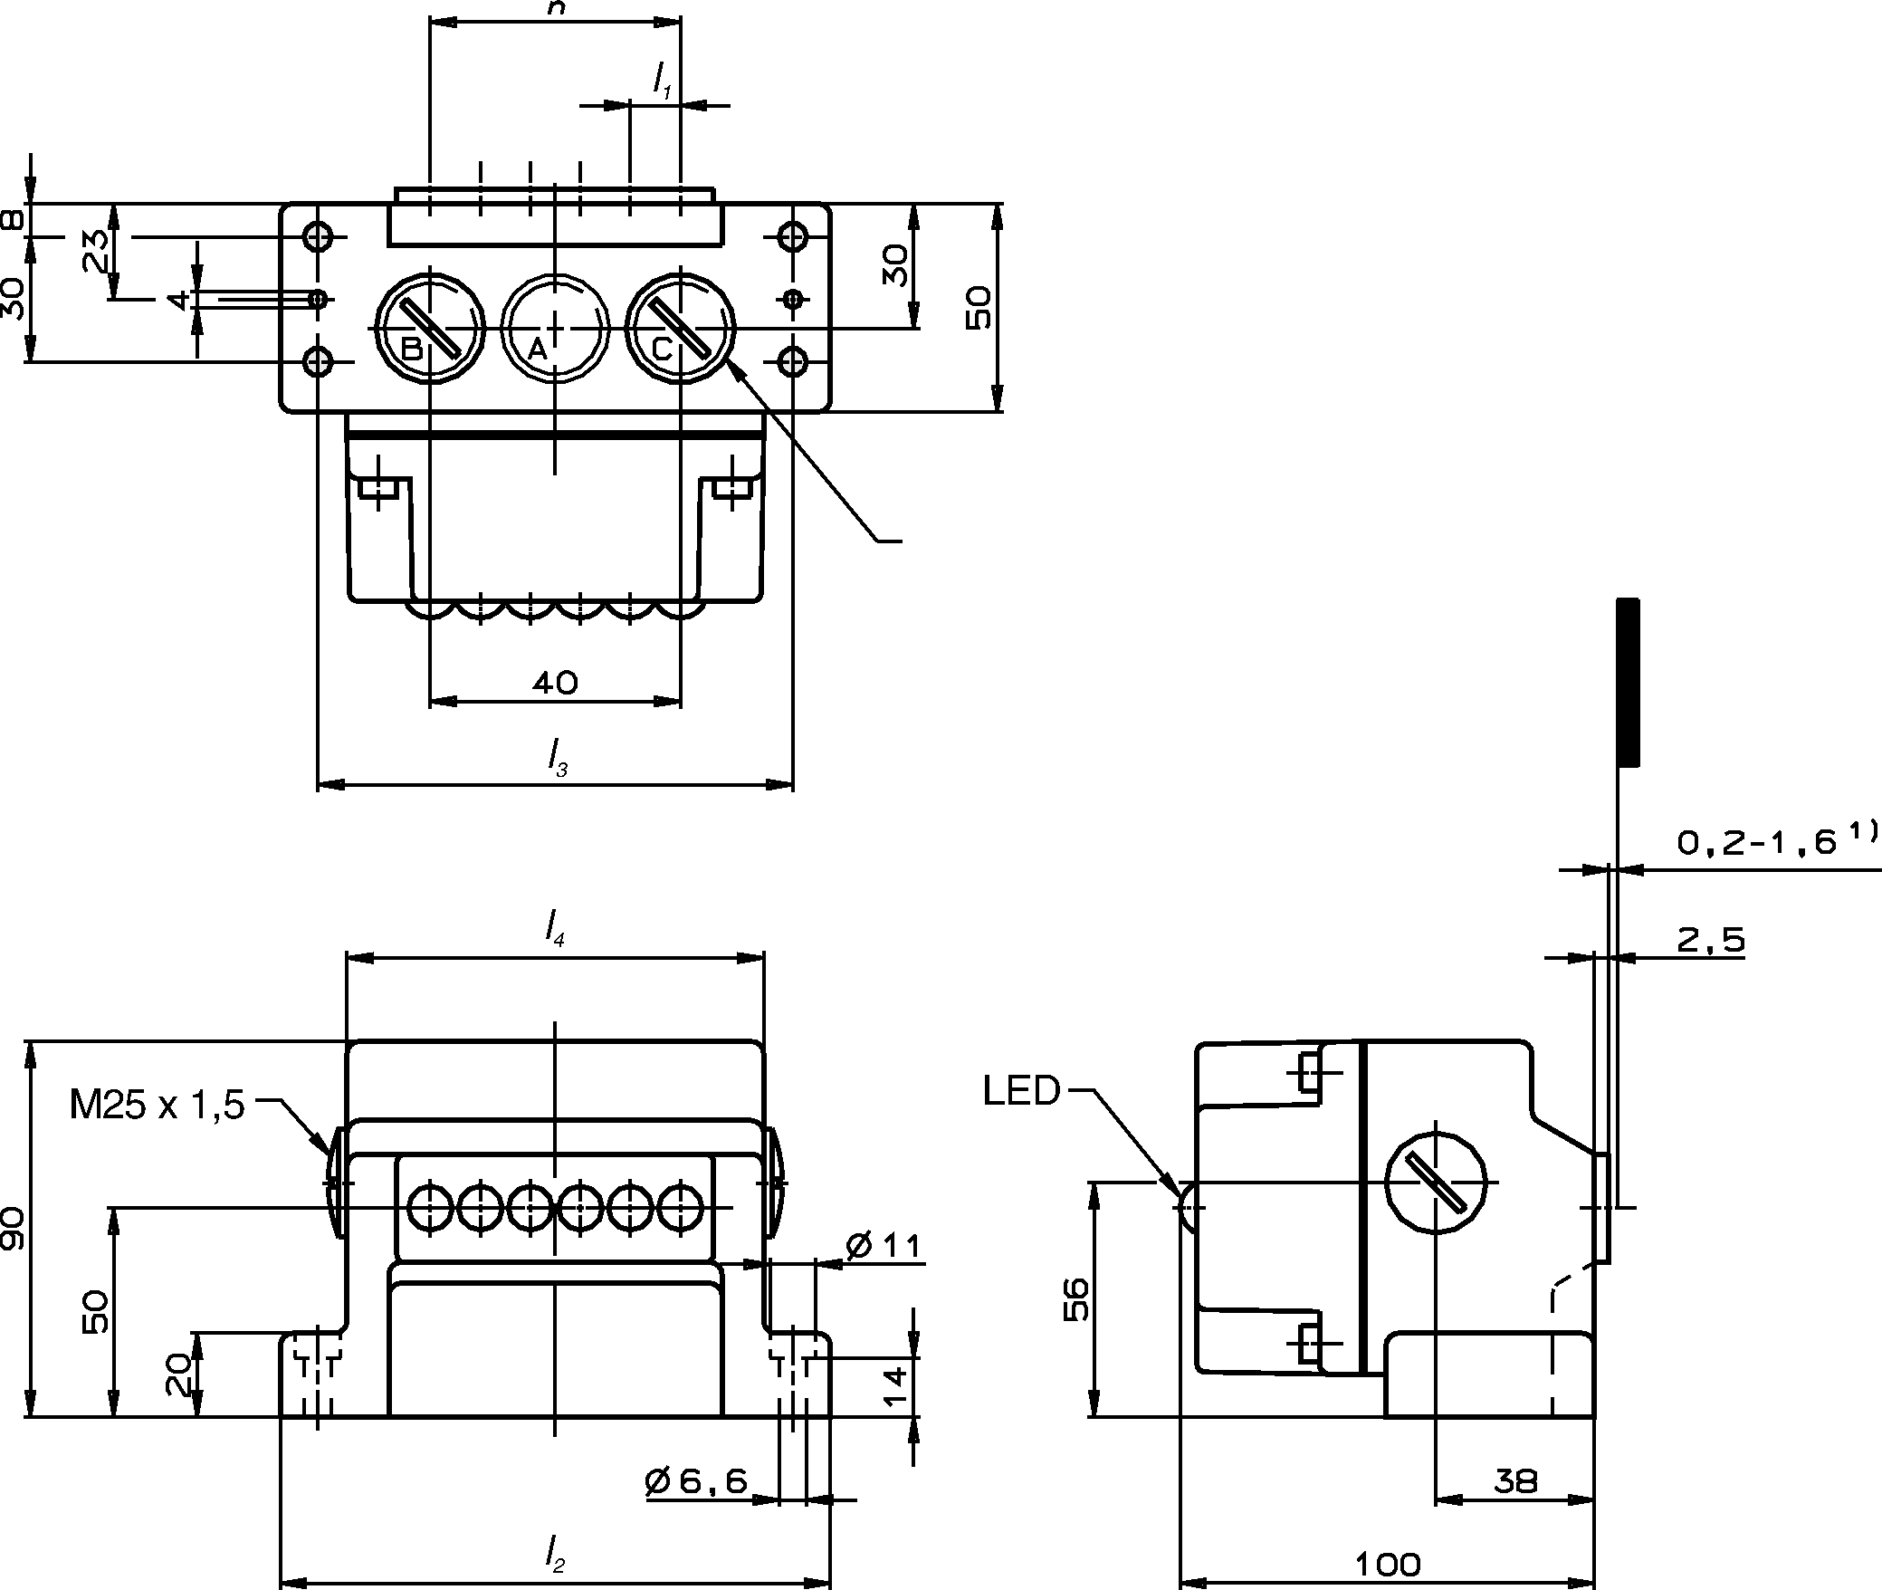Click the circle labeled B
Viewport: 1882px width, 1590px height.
click(430, 329)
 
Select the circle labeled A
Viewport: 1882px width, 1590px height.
click(555, 329)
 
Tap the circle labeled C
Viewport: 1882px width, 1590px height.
click(681, 329)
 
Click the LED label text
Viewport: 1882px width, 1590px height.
click(1021, 1092)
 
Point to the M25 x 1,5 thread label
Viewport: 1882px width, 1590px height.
click(158, 1106)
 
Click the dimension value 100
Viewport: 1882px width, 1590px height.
click(1388, 1564)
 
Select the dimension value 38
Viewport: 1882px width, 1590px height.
click(1515, 1482)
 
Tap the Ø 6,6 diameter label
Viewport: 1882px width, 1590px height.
click(697, 1481)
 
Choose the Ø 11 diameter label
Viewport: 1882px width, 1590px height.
click(884, 1247)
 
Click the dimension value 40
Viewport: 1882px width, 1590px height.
click(555, 682)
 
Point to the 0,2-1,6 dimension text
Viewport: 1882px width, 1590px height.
click(1757, 843)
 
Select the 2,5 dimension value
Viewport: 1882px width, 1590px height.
click(1711, 941)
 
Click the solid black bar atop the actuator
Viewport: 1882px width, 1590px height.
click(1628, 682)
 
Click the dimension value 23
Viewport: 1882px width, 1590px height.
click(96, 251)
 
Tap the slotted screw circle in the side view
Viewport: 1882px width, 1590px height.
click(1437, 1182)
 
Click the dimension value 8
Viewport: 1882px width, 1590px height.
click(13, 220)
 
